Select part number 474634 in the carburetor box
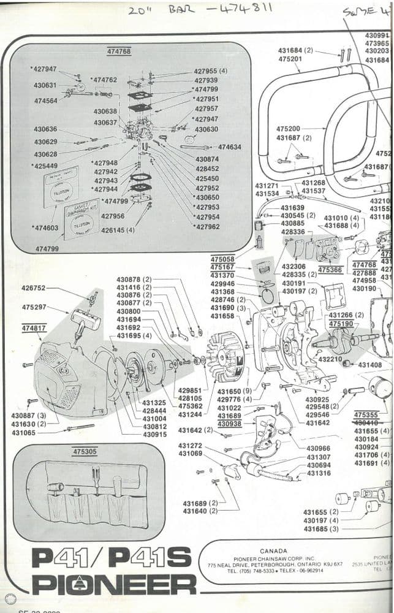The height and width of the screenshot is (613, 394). pos(229,147)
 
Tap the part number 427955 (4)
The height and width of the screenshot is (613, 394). pos(210,71)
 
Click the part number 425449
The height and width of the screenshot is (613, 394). pos(44,166)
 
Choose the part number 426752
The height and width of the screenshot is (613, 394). pos(33,287)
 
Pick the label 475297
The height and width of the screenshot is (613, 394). pos(34,307)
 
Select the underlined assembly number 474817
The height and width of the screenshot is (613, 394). pos(34,329)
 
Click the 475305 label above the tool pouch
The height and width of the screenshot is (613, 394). pos(85,451)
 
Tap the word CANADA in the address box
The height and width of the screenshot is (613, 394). pos(273,551)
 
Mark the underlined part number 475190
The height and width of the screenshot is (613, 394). pos(341,323)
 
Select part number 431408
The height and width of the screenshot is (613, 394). pos(370,365)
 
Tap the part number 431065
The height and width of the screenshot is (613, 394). pos(23,432)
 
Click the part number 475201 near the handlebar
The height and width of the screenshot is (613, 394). pos(290,59)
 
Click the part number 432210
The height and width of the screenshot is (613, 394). pos(331,359)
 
